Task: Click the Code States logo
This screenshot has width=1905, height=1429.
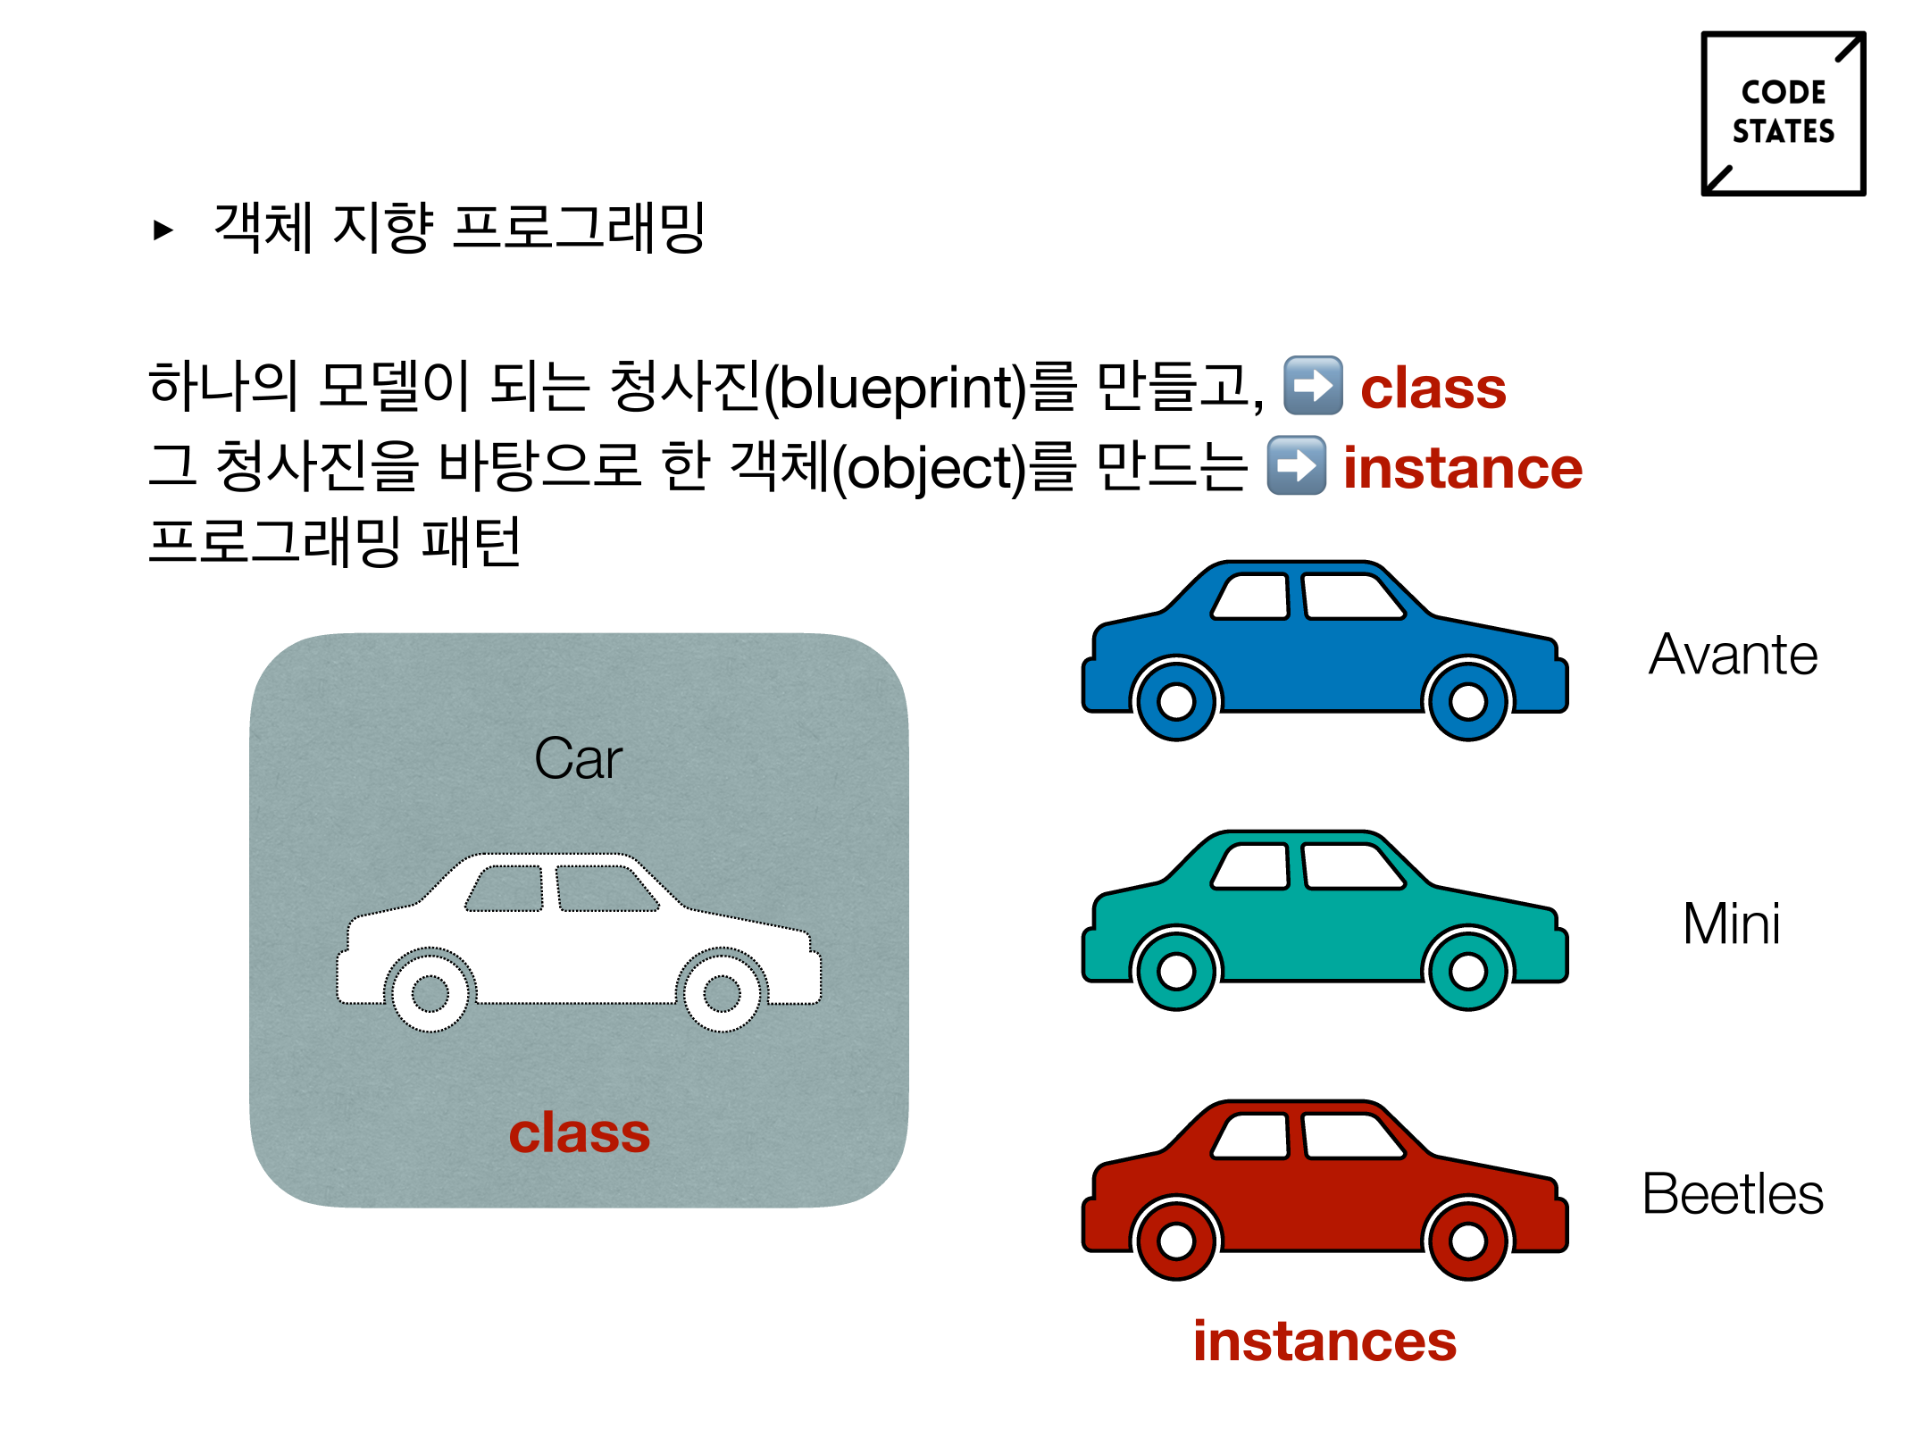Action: pyautogui.click(x=1783, y=113)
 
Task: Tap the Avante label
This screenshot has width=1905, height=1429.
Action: pyautogui.click(x=1733, y=655)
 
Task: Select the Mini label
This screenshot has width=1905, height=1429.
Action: pyautogui.click(x=1731, y=923)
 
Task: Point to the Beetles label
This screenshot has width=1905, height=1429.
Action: pyautogui.click(x=1733, y=1194)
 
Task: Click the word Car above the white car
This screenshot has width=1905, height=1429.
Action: pyautogui.click(x=578, y=759)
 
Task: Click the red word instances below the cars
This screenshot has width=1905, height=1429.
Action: pyautogui.click(x=1324, y=1341)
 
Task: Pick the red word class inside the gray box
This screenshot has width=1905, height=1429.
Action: pyautogui.click(x=579, y=1133)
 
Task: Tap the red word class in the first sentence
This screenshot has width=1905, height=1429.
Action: pyautogui.click(x=1433, y=389)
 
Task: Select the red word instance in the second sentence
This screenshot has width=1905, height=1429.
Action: pyautogui.click(x=1462, y=468)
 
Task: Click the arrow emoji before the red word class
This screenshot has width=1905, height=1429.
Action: pyautogui.click(x=1312, y=386)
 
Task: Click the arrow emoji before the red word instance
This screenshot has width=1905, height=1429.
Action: pyautogui.click(x=1296, y=465)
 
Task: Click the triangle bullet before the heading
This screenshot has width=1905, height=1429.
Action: pyautogui.click(x=163, y=230)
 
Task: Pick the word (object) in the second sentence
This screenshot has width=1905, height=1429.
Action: pyautogui.click(x=929, y=468)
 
